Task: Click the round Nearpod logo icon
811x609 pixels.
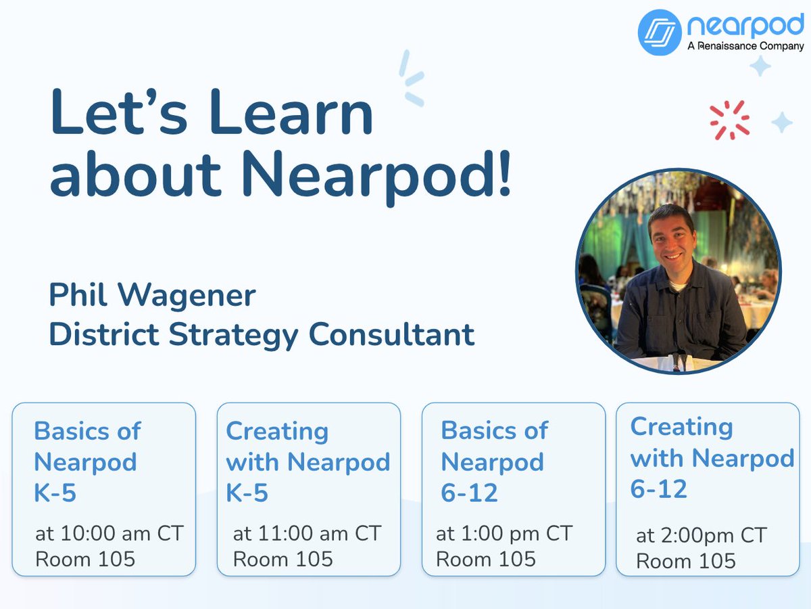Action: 660,32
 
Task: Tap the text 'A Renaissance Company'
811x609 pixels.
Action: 745,47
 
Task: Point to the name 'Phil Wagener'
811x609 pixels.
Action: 152,296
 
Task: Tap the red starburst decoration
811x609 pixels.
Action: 730,120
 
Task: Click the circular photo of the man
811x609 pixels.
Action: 678,271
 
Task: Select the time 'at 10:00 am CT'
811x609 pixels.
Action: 109,533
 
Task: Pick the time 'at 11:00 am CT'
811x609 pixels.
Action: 307,533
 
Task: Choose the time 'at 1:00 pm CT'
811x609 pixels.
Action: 504,533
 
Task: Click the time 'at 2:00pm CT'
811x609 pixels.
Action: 702,536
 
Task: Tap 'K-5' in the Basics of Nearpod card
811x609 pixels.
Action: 55,493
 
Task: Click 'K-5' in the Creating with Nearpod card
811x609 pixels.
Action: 247,493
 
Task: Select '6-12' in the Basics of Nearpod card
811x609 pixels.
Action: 469,493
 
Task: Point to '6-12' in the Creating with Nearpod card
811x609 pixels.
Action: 658,489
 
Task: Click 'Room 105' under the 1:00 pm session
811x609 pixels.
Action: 486,559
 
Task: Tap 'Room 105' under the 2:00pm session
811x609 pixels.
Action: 686,561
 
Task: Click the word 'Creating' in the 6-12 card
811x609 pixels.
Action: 681,427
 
